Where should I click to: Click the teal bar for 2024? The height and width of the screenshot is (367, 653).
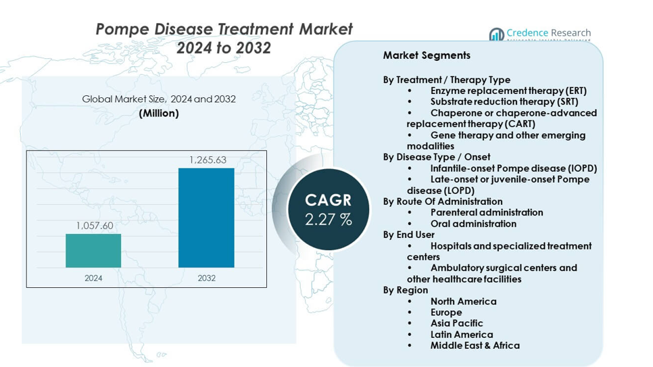point(93,251)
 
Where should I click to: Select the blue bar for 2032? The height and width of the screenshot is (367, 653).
point(206,218)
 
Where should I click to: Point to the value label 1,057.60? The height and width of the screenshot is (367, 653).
point(93,226)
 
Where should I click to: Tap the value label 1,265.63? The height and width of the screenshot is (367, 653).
point(207,160)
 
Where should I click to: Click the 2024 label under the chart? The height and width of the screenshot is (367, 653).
point(93,278)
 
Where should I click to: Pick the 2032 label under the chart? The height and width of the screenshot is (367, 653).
point(206,278)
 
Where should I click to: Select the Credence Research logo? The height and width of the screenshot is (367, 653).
point(539,34)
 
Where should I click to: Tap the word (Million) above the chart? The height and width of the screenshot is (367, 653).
point(159,114)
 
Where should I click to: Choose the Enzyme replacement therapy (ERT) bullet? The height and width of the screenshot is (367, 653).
point(508,91)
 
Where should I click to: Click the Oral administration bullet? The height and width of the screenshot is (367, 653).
point(473,224)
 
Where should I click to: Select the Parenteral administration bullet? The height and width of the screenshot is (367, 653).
point(487,212)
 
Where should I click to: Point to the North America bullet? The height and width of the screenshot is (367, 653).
point(463,301)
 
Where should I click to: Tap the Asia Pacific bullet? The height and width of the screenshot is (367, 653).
point(457,323)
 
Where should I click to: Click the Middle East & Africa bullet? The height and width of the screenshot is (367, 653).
point(475,345)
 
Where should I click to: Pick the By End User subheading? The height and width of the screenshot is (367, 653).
point(409,235)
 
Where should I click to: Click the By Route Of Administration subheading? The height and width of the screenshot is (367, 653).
point(443,201)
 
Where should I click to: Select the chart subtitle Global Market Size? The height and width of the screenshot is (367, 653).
point(159,99)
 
